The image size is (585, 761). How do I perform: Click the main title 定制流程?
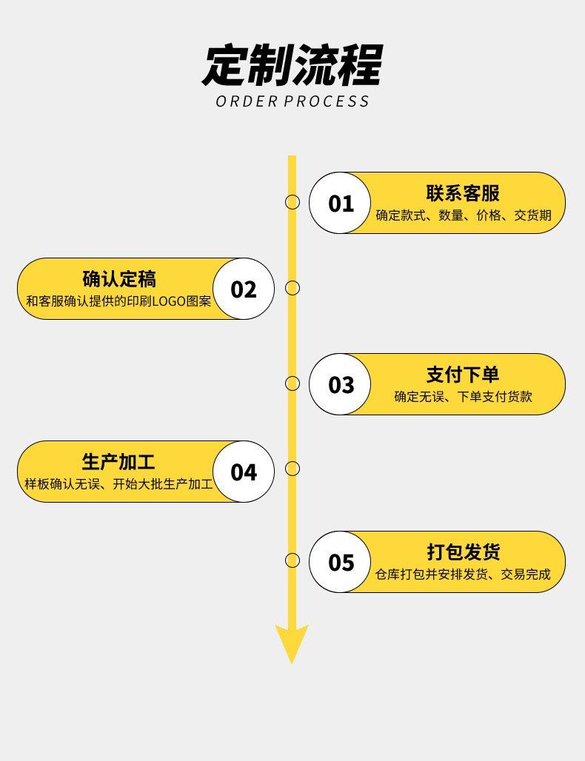click(292, 65)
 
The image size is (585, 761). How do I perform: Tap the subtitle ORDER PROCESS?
click(292, 101)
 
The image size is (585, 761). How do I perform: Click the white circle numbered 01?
click(340, 203)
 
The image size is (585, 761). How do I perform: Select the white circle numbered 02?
click(244, 289)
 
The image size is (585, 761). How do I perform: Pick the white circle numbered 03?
click(340, 384)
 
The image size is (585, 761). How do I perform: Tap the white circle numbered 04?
click(244, 472)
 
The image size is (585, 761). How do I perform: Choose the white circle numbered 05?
click(340, 562)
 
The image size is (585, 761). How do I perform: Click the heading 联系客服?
click(463, 193)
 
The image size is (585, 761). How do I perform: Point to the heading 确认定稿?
click(119, 279)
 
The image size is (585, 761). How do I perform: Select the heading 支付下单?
click(463, 375)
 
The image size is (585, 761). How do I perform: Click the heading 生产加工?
click(118, 462)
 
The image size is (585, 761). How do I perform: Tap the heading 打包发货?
click(463, 552)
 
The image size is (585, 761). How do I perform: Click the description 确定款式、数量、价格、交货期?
click(463, 215)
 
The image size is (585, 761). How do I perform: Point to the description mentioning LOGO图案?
click(118, 301)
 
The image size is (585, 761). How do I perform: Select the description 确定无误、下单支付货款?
click(463, 397)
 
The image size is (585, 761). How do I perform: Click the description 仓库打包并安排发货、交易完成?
click(463, 574)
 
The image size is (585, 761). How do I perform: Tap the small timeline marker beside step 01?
click(292, 202)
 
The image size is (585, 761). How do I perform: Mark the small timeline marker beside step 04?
click(292, 469)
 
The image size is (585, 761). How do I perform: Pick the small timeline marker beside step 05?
click(292, 560)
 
